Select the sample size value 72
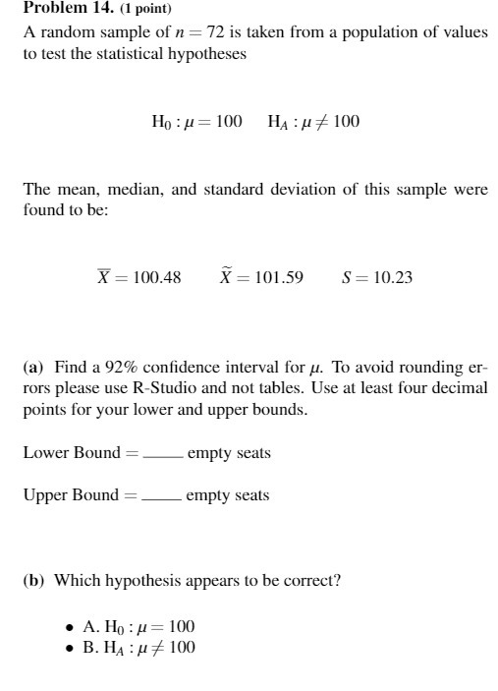pos(208,32)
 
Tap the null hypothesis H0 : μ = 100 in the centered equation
pos(196,123)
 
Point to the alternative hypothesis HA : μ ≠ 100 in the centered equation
pos(313,123)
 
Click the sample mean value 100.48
pos(158,278)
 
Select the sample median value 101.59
pos(279,278)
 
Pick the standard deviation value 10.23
pos(392,278)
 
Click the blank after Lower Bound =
pos(162,455)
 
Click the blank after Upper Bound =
pos(161,496)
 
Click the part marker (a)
pos(33,368)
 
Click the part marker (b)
pos(34,580)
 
